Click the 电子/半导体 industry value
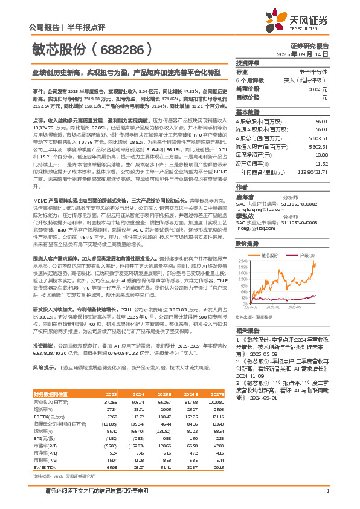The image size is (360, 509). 313,71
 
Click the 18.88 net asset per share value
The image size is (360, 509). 321,171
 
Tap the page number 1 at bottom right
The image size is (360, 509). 327,491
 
